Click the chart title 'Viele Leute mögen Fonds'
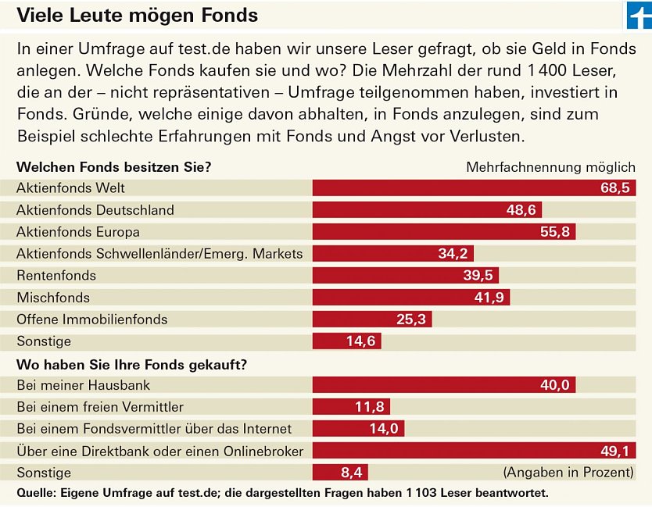[x=137, y=15]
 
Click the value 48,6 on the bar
[x=521, y=210]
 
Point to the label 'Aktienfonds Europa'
[x=78, y=232]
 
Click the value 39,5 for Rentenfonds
[x=478, y=276]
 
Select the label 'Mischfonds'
[x=53, y=298]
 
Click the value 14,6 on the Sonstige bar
[x=361, y=341]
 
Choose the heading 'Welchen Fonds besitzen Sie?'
[x=114, y=167]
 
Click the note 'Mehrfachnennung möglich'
[x=550, y=167]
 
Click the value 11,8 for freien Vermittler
[x=370, y=407]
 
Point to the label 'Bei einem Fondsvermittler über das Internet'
[x=154, y=429]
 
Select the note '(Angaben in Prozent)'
[x=568, y=473]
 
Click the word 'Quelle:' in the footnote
[x=38, y=493]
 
